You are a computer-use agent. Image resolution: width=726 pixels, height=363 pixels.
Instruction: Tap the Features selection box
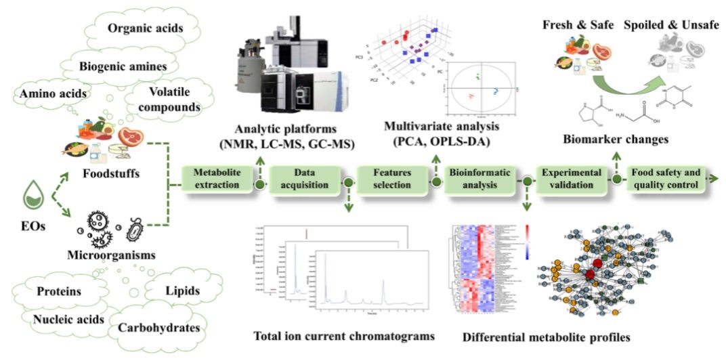click(x=392, y=178)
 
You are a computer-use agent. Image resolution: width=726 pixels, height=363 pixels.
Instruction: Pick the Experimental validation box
click(x=571, y=178)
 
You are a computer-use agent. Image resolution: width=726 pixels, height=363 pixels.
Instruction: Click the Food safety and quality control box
click(x=666, y=178)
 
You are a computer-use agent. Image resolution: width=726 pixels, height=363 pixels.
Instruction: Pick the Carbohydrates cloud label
click(x=158, y=328)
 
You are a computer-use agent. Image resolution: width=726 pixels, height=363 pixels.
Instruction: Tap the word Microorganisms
click(x=110, y=255)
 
